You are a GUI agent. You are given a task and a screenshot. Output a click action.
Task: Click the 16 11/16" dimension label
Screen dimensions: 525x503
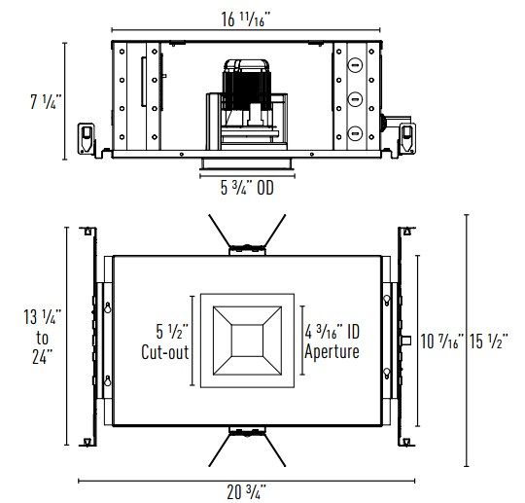click(245, 19)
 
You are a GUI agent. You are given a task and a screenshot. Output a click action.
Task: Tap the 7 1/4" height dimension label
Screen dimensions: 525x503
click(46, 101)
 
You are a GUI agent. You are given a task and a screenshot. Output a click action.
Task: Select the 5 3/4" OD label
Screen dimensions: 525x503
click(247, 188)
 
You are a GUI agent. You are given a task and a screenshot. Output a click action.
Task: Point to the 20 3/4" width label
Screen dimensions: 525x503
click(246, 492)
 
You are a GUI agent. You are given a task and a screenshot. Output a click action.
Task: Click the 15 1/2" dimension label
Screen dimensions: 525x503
click(489, 341)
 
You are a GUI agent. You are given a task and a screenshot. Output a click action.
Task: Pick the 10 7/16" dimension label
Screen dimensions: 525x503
click(442, 341)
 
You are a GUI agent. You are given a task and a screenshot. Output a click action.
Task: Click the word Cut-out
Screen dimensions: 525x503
click(164, 352)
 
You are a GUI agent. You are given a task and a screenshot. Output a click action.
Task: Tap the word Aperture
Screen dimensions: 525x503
click(332, 352)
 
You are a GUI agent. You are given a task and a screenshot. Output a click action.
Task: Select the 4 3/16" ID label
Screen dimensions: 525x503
click(332, 332)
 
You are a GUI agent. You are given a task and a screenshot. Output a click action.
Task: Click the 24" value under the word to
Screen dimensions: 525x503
click(43, 356)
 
